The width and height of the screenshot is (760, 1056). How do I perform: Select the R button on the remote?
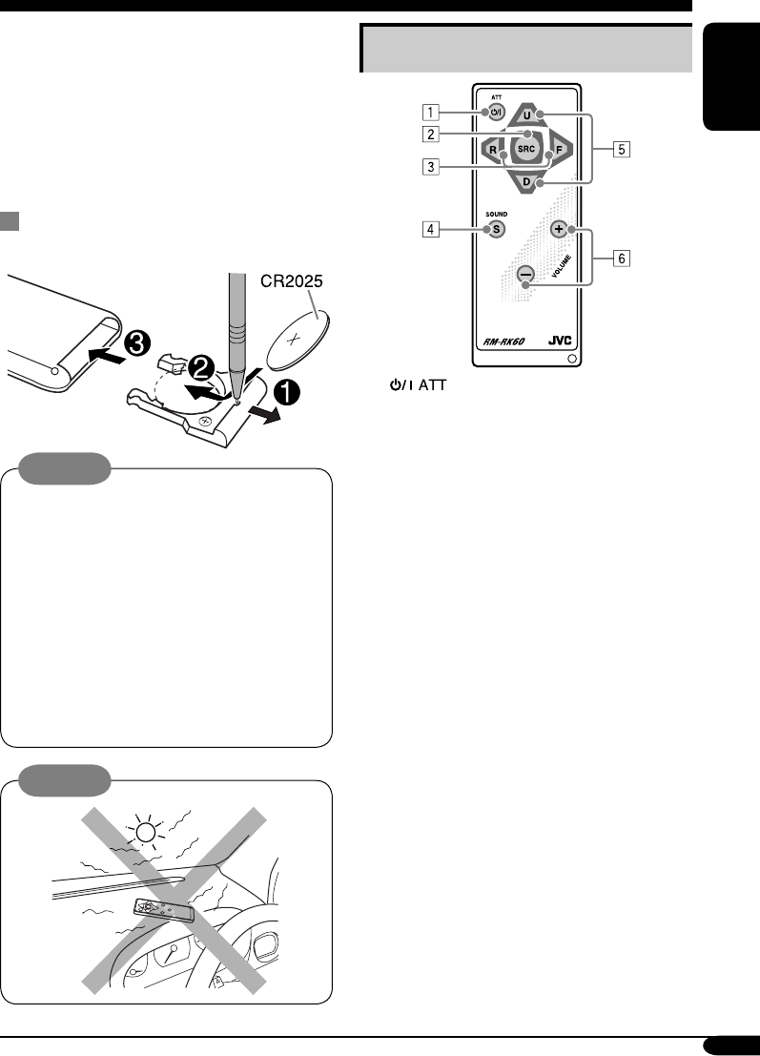pos(493,150)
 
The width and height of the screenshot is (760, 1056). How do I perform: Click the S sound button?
pos(496,229)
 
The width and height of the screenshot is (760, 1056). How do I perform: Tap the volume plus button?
pos(558,229)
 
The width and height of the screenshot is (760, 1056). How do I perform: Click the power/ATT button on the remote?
pos(495,115)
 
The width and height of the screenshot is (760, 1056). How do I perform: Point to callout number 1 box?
pos(432,113)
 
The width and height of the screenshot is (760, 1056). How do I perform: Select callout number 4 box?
pos(432,229)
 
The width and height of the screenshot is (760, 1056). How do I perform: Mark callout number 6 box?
pos(621,258)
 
